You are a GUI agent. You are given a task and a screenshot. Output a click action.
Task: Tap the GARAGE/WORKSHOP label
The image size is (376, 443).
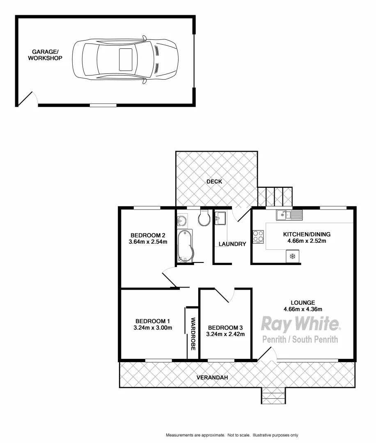(x=45, y=55)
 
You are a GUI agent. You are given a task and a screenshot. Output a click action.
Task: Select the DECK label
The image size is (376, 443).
(x=214, y=181)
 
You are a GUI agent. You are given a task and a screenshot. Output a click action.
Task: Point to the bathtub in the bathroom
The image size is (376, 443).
(x=184, y=245)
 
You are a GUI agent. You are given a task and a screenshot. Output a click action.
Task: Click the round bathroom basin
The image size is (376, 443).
(x=182, y=221)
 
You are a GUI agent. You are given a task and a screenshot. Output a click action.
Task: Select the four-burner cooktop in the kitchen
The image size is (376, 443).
(x=258, y=237)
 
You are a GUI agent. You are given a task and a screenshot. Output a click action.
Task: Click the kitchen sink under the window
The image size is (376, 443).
(x=289, y=214)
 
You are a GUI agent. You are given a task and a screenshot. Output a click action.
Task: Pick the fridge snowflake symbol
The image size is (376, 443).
(x=293, y=256)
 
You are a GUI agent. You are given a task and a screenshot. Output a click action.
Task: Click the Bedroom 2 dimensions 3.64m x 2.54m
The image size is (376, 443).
(x=148, y=242)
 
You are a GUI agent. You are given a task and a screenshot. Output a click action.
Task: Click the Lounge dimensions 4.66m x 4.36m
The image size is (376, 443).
(x=302, y=309)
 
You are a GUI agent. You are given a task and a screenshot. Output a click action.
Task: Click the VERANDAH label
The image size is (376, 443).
(x=212, y=377)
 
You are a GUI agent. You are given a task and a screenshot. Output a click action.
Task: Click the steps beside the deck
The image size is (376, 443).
(x=275, y=196)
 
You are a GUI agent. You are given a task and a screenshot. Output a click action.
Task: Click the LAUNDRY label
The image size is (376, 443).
(x=232, y=244)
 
